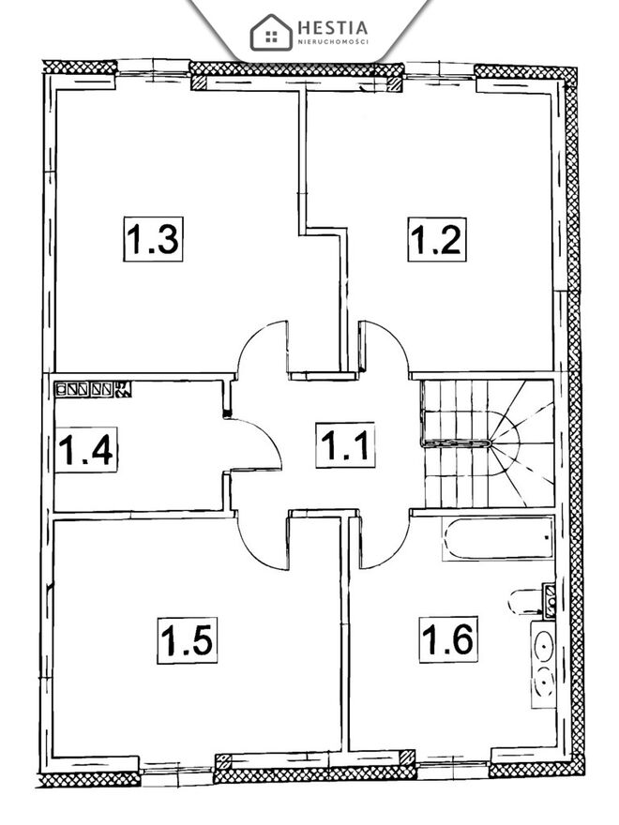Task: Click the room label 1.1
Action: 345,444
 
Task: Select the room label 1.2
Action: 437,239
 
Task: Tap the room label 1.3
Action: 153,239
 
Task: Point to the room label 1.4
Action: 85,450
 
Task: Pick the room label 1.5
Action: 187,640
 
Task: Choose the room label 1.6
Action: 448,639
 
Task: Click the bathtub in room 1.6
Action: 498,539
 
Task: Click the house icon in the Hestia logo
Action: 271,33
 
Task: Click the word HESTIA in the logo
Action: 333,27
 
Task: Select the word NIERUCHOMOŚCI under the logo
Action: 333,41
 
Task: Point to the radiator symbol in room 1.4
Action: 93,389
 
